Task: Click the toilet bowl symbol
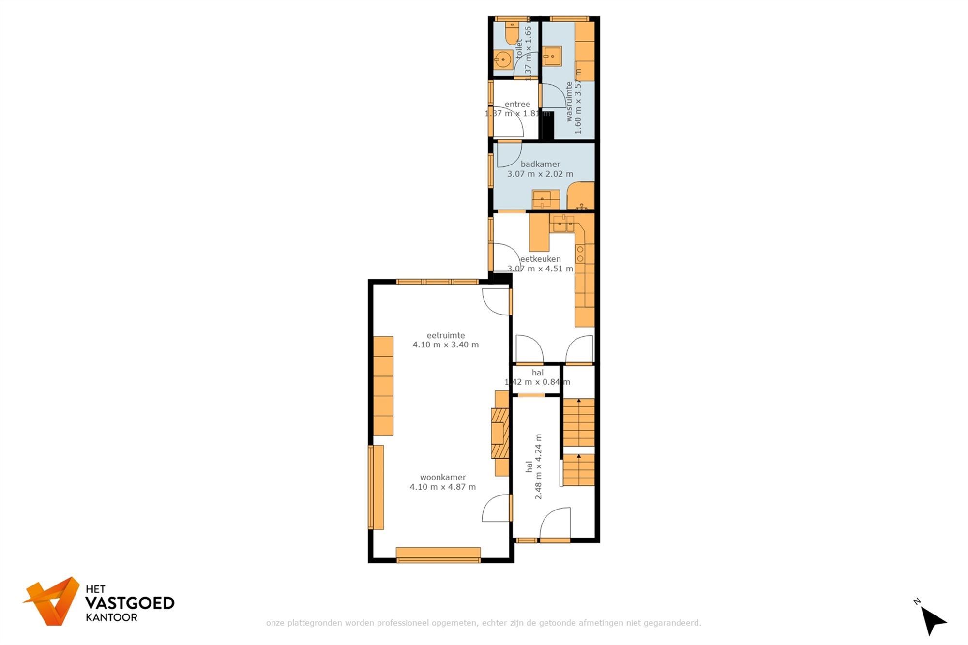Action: click(512, 33)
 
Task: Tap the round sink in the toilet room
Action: click(503, 60)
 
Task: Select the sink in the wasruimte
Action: click(552, 56)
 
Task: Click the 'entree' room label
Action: click(517, 104)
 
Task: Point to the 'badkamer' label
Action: click(540, 164)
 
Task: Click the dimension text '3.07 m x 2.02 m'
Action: click(540, 174)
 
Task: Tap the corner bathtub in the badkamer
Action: click(581, 196)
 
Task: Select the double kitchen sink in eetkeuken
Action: click(563, 224)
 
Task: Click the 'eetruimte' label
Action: click(446, 335)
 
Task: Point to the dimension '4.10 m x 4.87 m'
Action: click(443, 487)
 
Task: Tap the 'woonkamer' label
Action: click(443, 477)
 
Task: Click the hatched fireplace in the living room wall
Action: click(500, 433)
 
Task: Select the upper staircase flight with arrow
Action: click(579, 422)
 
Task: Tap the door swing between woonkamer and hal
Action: click(496, 508)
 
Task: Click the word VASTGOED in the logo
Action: click(130, 603)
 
